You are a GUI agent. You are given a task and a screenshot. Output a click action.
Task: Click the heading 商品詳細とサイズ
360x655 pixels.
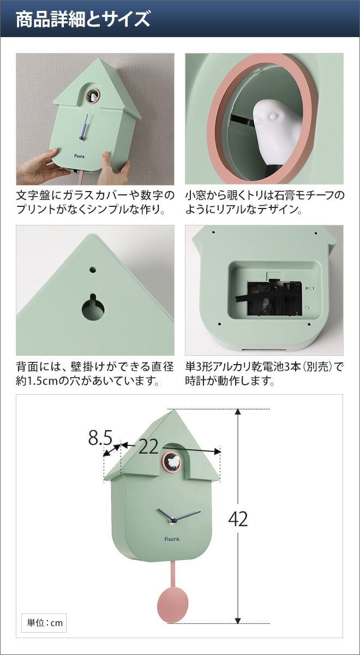tap(83, 19)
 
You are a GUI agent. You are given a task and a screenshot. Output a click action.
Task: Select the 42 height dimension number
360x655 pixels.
tap(238, 519)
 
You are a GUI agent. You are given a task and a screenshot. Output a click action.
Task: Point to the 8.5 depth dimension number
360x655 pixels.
tap(100, 438)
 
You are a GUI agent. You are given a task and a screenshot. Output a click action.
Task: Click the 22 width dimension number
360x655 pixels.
tap(148, 447)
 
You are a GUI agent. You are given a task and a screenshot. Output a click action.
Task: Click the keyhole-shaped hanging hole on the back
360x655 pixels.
tap(93, 307)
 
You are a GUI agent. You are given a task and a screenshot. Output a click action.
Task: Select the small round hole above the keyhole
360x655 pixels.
tap(93, 269)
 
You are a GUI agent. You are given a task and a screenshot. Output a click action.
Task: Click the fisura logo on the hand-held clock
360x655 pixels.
tap(79, 157)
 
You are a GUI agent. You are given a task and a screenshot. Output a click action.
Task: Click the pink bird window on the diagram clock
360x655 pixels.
tap(171, 462)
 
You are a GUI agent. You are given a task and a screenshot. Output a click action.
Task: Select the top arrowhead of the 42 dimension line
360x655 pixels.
tap(238, 412)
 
